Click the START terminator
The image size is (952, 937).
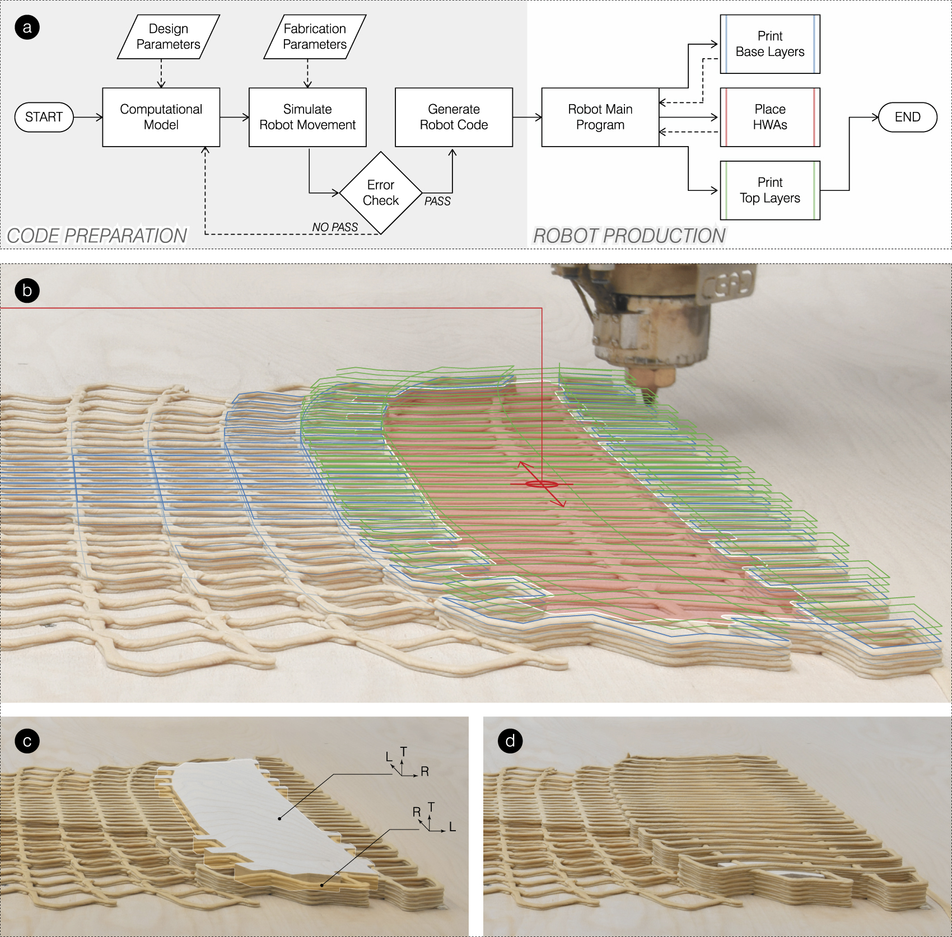coord(44,117)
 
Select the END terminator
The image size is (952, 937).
coord(907,117)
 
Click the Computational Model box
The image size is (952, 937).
coord(161,117)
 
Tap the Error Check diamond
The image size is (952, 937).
coord(381,193)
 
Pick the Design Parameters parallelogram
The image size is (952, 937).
coord(168,36)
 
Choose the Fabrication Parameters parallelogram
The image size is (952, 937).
coord(315,36)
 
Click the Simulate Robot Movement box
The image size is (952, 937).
coord(307,117)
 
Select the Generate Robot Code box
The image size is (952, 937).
coord(454,117)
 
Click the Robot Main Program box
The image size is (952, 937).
coord(600,117)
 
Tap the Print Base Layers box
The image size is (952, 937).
coord(769,44)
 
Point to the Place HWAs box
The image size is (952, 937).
coord(769,117)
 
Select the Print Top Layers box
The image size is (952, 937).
coord(769,190)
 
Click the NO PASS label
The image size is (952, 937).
coord(335,227)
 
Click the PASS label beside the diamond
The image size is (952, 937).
coord(437,202)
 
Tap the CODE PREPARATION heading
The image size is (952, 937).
coord(97,236)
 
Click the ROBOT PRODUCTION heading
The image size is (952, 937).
coord(629,236)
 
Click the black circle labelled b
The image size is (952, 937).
coord(27,291)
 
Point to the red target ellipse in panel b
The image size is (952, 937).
coord(542,484)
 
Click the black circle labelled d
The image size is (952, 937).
coord(510,741)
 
